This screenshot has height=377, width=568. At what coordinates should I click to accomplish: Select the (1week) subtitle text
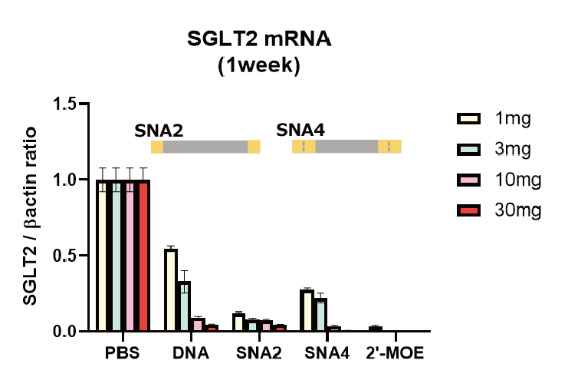click(258, 66)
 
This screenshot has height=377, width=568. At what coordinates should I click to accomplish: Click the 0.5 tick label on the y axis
click(66, 256)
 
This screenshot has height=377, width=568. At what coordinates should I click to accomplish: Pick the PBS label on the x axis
click(123, 354)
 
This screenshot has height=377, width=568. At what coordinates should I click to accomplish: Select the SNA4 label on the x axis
click(327, 354)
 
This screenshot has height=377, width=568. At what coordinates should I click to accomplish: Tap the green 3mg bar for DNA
click(184, 306)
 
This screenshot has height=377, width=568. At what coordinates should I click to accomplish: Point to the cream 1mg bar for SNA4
click(307, 311)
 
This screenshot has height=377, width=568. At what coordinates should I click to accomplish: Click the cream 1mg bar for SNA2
click(238, 323)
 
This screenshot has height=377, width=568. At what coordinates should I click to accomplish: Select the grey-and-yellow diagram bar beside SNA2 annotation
click(205, 147)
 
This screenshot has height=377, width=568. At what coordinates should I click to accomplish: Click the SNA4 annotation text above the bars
click(300, 129)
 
